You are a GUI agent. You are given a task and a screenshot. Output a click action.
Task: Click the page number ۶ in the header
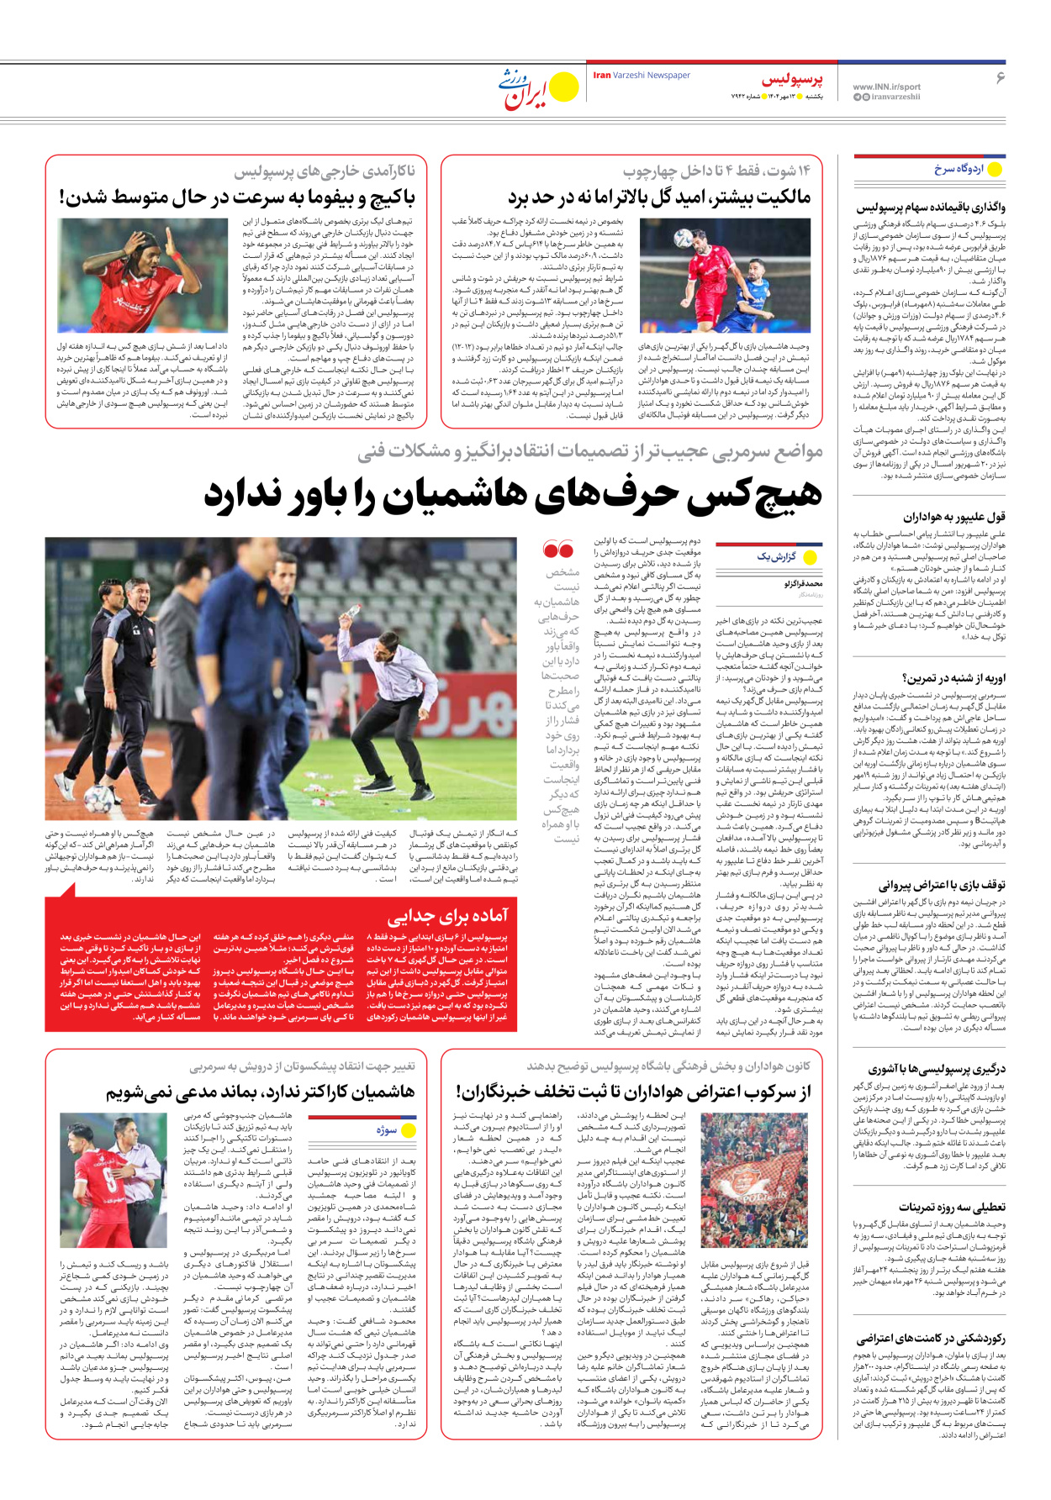(1000, 77)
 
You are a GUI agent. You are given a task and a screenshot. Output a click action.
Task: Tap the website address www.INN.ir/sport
(886, 87)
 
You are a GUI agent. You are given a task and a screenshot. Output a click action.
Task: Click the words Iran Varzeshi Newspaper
(642, 76)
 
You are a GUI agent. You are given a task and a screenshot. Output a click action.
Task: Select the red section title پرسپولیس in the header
(792, 81)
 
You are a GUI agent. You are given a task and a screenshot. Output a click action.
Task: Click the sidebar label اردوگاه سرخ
(959, 169)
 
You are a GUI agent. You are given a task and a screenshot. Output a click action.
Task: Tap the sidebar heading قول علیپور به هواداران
(954, 517)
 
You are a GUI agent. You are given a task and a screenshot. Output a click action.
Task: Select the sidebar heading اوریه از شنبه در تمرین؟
(953, 678)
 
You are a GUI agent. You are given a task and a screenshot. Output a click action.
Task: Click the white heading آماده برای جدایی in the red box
(447, 915)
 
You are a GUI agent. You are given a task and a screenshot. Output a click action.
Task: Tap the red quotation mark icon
(558, 550)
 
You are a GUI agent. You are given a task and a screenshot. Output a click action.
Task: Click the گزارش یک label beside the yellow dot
(777, 556)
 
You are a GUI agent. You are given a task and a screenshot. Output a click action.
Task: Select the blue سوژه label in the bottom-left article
(386, 1130)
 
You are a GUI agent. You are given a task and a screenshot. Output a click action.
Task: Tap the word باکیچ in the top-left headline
(383, 197)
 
